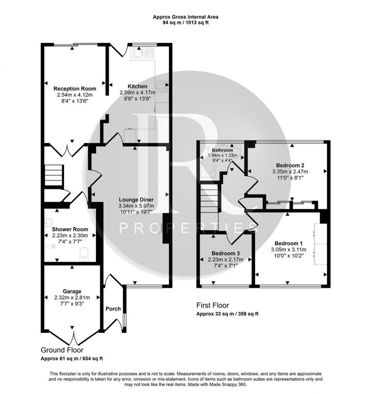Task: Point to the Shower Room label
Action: (70, 229)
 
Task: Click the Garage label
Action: (72, 291)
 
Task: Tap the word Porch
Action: (113, 309)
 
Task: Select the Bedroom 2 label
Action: (290, 165)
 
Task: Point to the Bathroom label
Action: (222, 150)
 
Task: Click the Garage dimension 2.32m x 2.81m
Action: (72, 297)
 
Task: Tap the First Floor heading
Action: (212, 305)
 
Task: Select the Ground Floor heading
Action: (62, 350)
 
